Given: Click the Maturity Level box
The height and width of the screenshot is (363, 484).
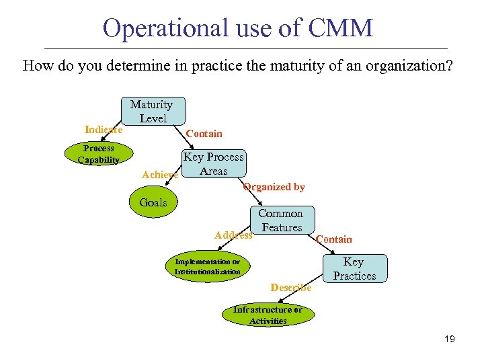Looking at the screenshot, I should pyautogui.click(x=152, y=112).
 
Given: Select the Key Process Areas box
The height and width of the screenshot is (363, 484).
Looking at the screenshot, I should pyautogui.click(x=214, y=164).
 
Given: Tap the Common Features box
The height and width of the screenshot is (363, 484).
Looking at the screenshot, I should pyautogui.click(x=282, y=220).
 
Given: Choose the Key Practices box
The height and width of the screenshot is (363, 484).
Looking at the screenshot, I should pyautogui.click(x=354, y=269).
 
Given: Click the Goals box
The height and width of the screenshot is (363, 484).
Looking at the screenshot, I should pyautogui.click(x=153, y=203).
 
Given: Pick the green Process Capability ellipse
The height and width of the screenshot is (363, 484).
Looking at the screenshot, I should pyautogui.click(x=98, y=154).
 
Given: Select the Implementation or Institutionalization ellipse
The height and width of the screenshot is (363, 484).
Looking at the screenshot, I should pyautogui.click(x=207, y=267).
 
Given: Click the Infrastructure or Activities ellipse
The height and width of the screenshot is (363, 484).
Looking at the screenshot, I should pyautogui.click(x=268, y=315).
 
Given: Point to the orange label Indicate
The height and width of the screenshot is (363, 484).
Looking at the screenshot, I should pyautogui.click(x=104, y=129).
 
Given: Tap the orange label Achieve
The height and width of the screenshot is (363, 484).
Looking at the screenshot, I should pyautogui.click(x=160, y=175).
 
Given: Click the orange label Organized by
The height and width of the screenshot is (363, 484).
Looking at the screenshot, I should pyautogui.click(x=274, y=187).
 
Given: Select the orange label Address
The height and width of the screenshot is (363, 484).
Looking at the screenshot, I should pyautogui.click(x=233, y=235).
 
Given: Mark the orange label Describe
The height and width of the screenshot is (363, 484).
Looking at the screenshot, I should pyautogui.click(x=291, y=288).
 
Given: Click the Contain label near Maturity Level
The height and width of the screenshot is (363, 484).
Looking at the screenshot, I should pyautogui.click(x=204, y=134).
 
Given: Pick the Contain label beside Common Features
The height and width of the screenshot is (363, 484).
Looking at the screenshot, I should pyautogui.click(x=333, y=239).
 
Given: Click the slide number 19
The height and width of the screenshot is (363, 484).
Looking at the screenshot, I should pyautogui.click(x=449, y=339).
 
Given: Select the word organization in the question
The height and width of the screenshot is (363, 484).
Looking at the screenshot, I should pyautogui.click(x=399, y=66).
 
